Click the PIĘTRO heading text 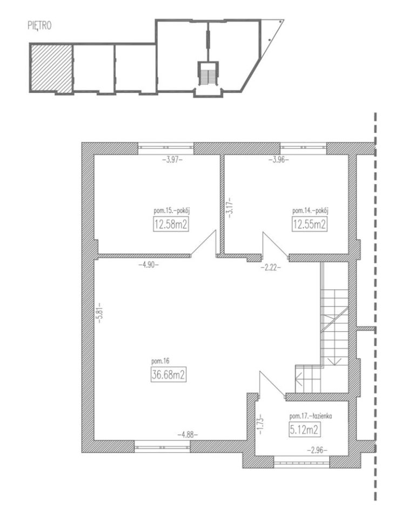pyautogui.click(x=39, y=26)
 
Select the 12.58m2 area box pyautogui.click(x=171, y=224)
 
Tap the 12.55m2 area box pyautogui.click(x=310, y=224)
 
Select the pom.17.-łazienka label pyautogui.click(x=310, y=416)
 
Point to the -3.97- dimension pyautogui.click(x=172, y=160)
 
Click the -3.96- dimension pyautogui.click(x=278, y=160)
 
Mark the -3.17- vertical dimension pyautogui.click(x=228, y=207)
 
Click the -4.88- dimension pyautogui.click(x=188, y=435)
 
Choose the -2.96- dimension pyautogui.click(x=317, y=449)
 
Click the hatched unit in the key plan pyautogui.click(x=51, y=68)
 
